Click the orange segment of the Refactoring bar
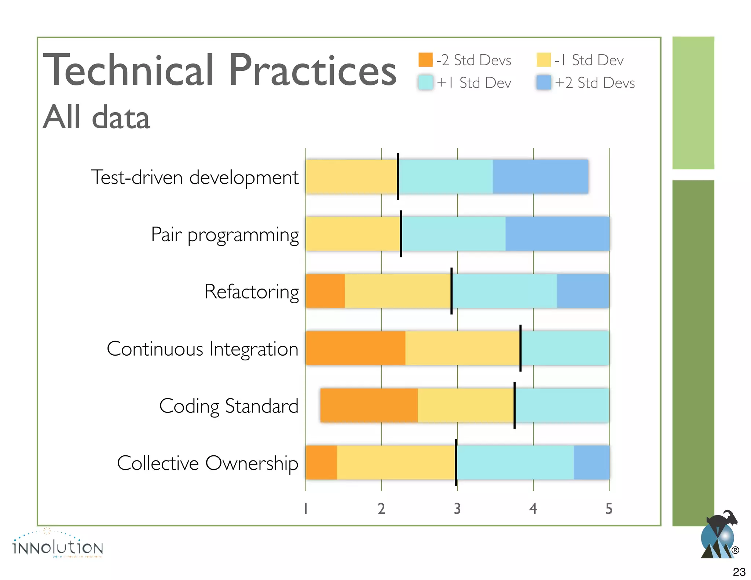(325, 291)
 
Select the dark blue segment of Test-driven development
(540, 176)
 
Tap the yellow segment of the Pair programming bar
(353, 234)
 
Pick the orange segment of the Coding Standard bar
(369, 405)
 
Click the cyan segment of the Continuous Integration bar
(565, 348)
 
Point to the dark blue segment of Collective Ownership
(591, 462)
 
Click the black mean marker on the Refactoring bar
(451, 291)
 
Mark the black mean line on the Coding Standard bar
(514, 405)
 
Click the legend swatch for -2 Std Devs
(425, 60)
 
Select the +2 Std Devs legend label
(595, 83)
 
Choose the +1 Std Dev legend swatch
(425, 82)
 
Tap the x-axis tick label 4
(533, 509)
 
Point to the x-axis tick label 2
(381, 509)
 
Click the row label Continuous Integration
(202, 349)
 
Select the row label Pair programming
(225, 235)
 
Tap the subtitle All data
(96, 117)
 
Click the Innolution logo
(58, 544)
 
